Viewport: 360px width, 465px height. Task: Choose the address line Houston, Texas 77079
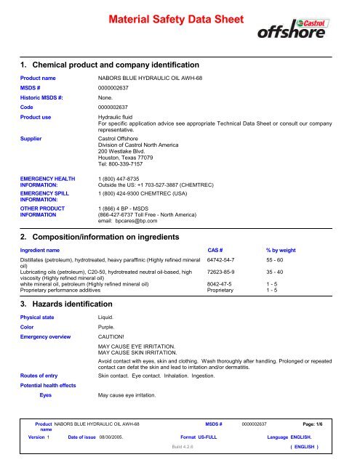tap(127, 156)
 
